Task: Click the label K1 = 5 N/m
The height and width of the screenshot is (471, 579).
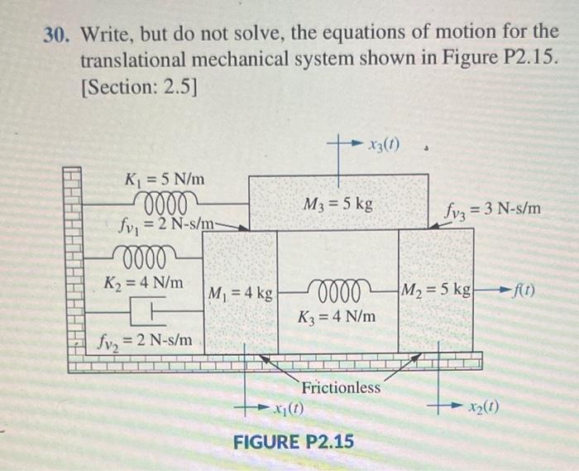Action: pyautogui.click(x=165, y=179)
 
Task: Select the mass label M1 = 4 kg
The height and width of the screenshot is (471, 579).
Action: pyautogui.click(x=241, y=293)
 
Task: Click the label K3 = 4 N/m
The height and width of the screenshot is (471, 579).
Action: pyautogui.click(x=337, y=316)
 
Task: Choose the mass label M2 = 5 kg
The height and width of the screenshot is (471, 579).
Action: pyautogui.click(x=436, y=291)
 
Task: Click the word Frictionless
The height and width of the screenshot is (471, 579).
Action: pyautogui.click(x=341, y=387)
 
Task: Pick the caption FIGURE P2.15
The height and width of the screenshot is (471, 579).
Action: pyautogui.click(x=293, y=441)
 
